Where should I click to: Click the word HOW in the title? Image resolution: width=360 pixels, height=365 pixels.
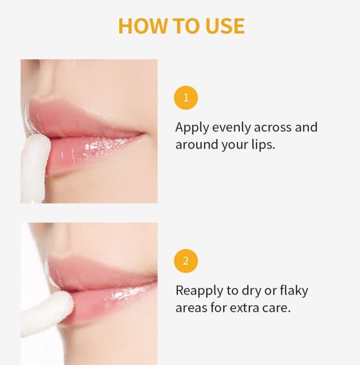click(142, 26)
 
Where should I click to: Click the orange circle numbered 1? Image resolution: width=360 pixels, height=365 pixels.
click(186, 98)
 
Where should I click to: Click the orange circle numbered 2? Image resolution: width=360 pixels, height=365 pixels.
click(186, 261)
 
